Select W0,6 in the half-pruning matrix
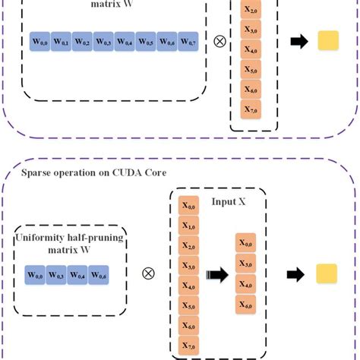click(x=99, y=273)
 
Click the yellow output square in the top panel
click(x=327, y=41)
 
